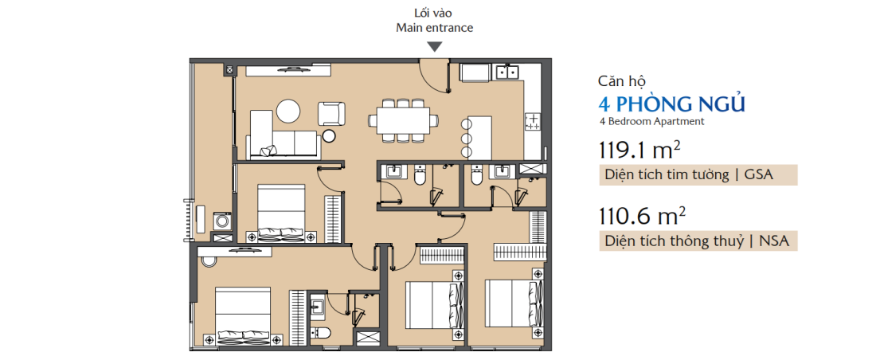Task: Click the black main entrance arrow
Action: click(x=434, y=47)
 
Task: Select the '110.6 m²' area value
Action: click(x=634, y=215)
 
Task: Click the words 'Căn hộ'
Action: click(x=621, y=81)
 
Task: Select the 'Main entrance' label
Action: click(x=434, y=28)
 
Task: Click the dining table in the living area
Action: click(x=403, y=120)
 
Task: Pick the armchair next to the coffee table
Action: click(x=331, y=112)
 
